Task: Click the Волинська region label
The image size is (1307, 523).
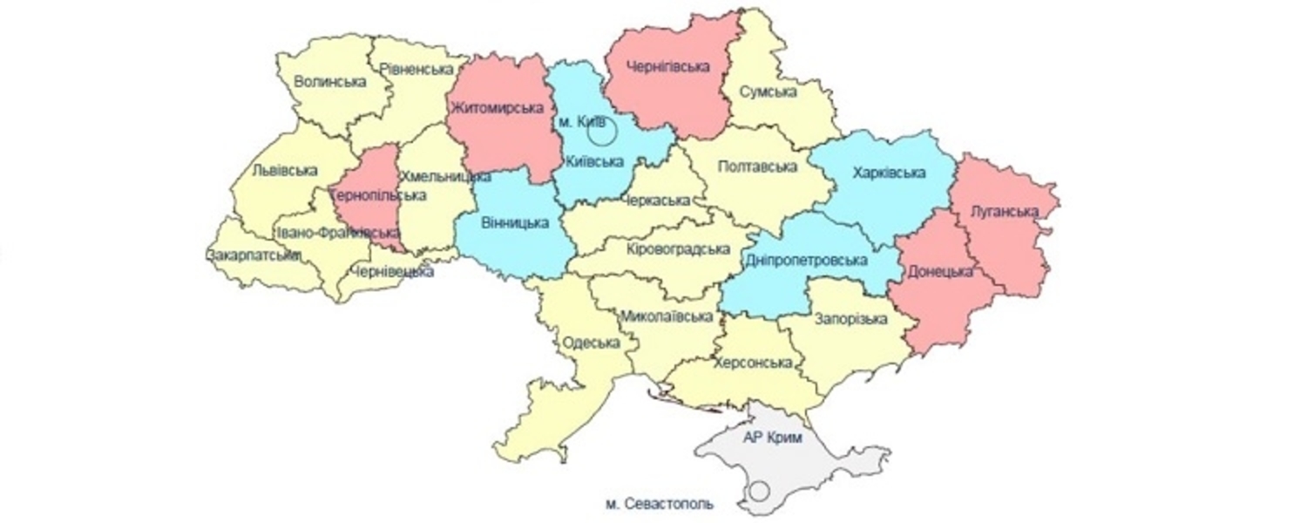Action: (x=329, y=82)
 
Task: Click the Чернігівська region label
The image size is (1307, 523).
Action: (x=669, y=66)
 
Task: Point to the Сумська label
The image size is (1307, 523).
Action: (x=769, y=92)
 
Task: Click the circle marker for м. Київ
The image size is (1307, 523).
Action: (x=601, y=132)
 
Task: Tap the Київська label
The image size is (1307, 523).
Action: (x=594, y=161)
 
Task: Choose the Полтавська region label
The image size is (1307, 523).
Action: (x=758, y=166)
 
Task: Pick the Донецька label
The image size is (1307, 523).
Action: (x=940, y=271)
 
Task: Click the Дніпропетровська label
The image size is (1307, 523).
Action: (x=807, y=261)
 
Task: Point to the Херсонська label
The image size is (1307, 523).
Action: (x=753, y=363)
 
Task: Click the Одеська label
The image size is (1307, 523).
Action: (x=592, y=343)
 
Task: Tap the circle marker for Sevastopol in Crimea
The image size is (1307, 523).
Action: (x=759, y=491)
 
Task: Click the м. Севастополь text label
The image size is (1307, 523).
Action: (x=659, y=504)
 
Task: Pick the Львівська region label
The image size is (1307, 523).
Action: (x=285, y=171)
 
